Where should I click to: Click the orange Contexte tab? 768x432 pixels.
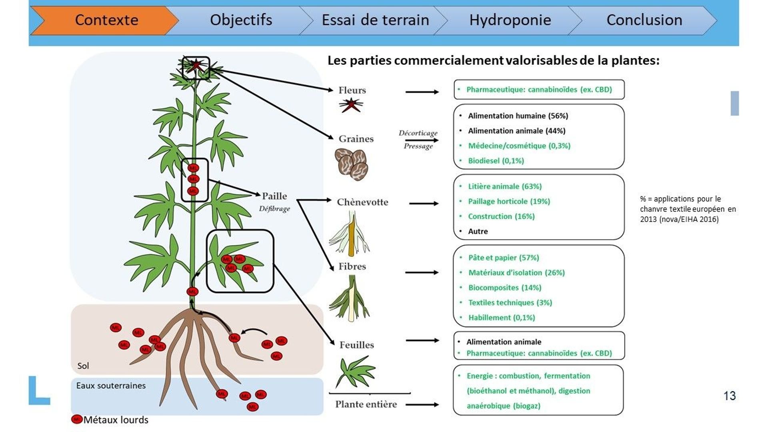pos(106,20)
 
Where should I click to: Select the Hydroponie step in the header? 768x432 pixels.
pos(510,20)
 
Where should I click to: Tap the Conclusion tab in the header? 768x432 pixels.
pos(644,20)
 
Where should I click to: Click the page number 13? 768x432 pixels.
pos(730,396)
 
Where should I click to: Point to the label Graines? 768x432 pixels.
pos(356,139)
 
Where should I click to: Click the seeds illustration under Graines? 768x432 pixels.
pos(352,164)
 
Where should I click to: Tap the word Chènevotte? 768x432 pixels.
pos(362,202)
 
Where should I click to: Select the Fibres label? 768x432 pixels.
pos(352,266)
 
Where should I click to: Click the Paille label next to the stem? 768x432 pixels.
pos(274,196)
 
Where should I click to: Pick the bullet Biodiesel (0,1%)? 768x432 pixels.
pos(496,161)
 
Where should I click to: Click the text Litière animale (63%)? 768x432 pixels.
pos(505,186)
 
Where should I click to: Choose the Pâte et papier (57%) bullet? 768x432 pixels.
pos(504,258)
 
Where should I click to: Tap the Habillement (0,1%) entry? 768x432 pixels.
pos(502,318)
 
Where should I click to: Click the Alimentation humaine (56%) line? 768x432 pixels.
pos(518,116)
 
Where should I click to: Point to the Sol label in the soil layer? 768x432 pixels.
pos(83,366)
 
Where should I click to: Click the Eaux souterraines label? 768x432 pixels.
pos(111,386)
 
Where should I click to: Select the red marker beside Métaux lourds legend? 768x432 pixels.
pos(76,419)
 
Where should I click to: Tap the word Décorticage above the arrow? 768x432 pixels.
pos(418,133)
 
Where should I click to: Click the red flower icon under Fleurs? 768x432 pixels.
pos(351,106)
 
